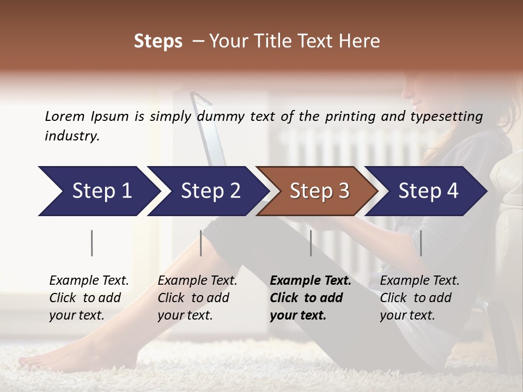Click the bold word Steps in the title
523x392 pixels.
tap(158, 41)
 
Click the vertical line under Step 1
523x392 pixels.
tap(92, 243)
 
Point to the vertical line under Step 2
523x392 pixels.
tap(201, 243)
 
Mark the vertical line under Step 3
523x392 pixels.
tap(311, 243)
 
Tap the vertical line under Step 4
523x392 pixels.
tap(421, 243)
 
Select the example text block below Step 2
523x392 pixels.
tap(197, 298)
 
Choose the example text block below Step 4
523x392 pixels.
tap(419, 298)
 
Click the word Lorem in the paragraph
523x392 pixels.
tap(65, 116)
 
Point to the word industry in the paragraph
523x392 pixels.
tap(71, 136)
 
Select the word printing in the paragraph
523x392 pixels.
tap(358, 117)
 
